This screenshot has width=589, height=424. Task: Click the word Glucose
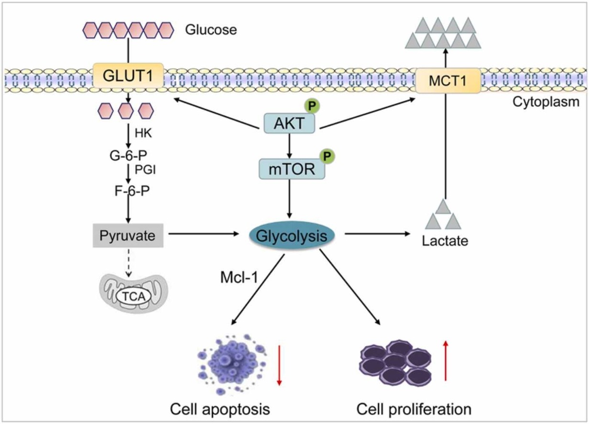[211, 30]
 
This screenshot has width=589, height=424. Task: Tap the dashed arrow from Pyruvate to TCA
[128, 263]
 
